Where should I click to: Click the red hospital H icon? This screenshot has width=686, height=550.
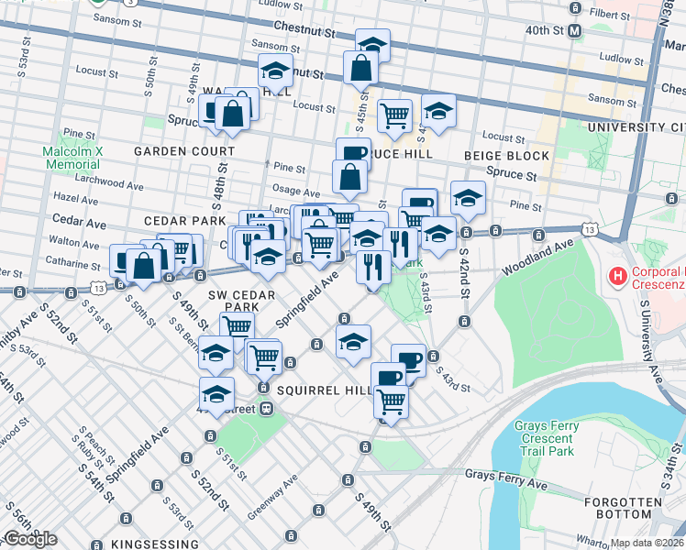point(618,275)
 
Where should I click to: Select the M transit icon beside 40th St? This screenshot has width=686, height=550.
point(575,30)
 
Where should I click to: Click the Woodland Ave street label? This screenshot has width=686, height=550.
point(537,257)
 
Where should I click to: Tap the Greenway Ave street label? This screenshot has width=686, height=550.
point(284,495)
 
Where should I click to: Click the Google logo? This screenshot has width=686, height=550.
point(29,539)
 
